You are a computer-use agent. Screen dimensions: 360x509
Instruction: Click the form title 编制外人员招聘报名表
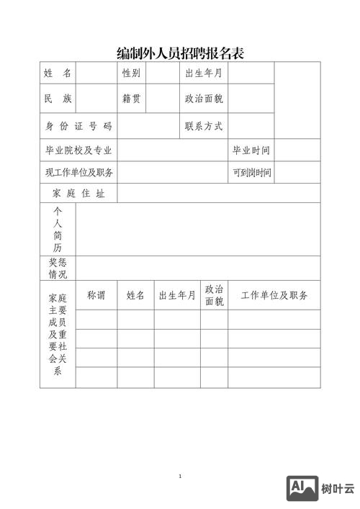[x=180, y=53]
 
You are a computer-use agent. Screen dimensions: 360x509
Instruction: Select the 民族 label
[x=58, y=99]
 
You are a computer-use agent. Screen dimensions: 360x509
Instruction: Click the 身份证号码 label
[x=78, y=127]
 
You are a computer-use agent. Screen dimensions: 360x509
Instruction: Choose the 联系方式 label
[x=204, y=127]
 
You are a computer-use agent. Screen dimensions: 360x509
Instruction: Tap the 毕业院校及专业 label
[x=78, y=150]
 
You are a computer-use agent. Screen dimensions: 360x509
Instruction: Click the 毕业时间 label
[x=251, y=150]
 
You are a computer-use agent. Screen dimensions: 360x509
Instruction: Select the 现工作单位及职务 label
[x=78, y=173]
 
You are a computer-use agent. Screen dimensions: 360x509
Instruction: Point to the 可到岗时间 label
[x=251, y=173]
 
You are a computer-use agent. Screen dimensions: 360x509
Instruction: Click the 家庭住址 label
[x=78, y=194]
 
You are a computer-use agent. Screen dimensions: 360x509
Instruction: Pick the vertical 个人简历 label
[x=58, y=229]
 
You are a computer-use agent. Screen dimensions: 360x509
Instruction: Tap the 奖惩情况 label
[x=58, y=269]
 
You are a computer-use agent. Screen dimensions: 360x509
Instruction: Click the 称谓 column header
[x=96, y=295]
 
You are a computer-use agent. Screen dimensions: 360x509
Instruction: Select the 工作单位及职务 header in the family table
[x=274, y=295]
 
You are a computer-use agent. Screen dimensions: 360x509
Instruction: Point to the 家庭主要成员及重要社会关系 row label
[x=58, y=335]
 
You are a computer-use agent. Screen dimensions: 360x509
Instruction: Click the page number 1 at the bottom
[x=180, y=477]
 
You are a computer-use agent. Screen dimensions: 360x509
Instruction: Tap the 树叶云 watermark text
[x=338, y=489]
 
